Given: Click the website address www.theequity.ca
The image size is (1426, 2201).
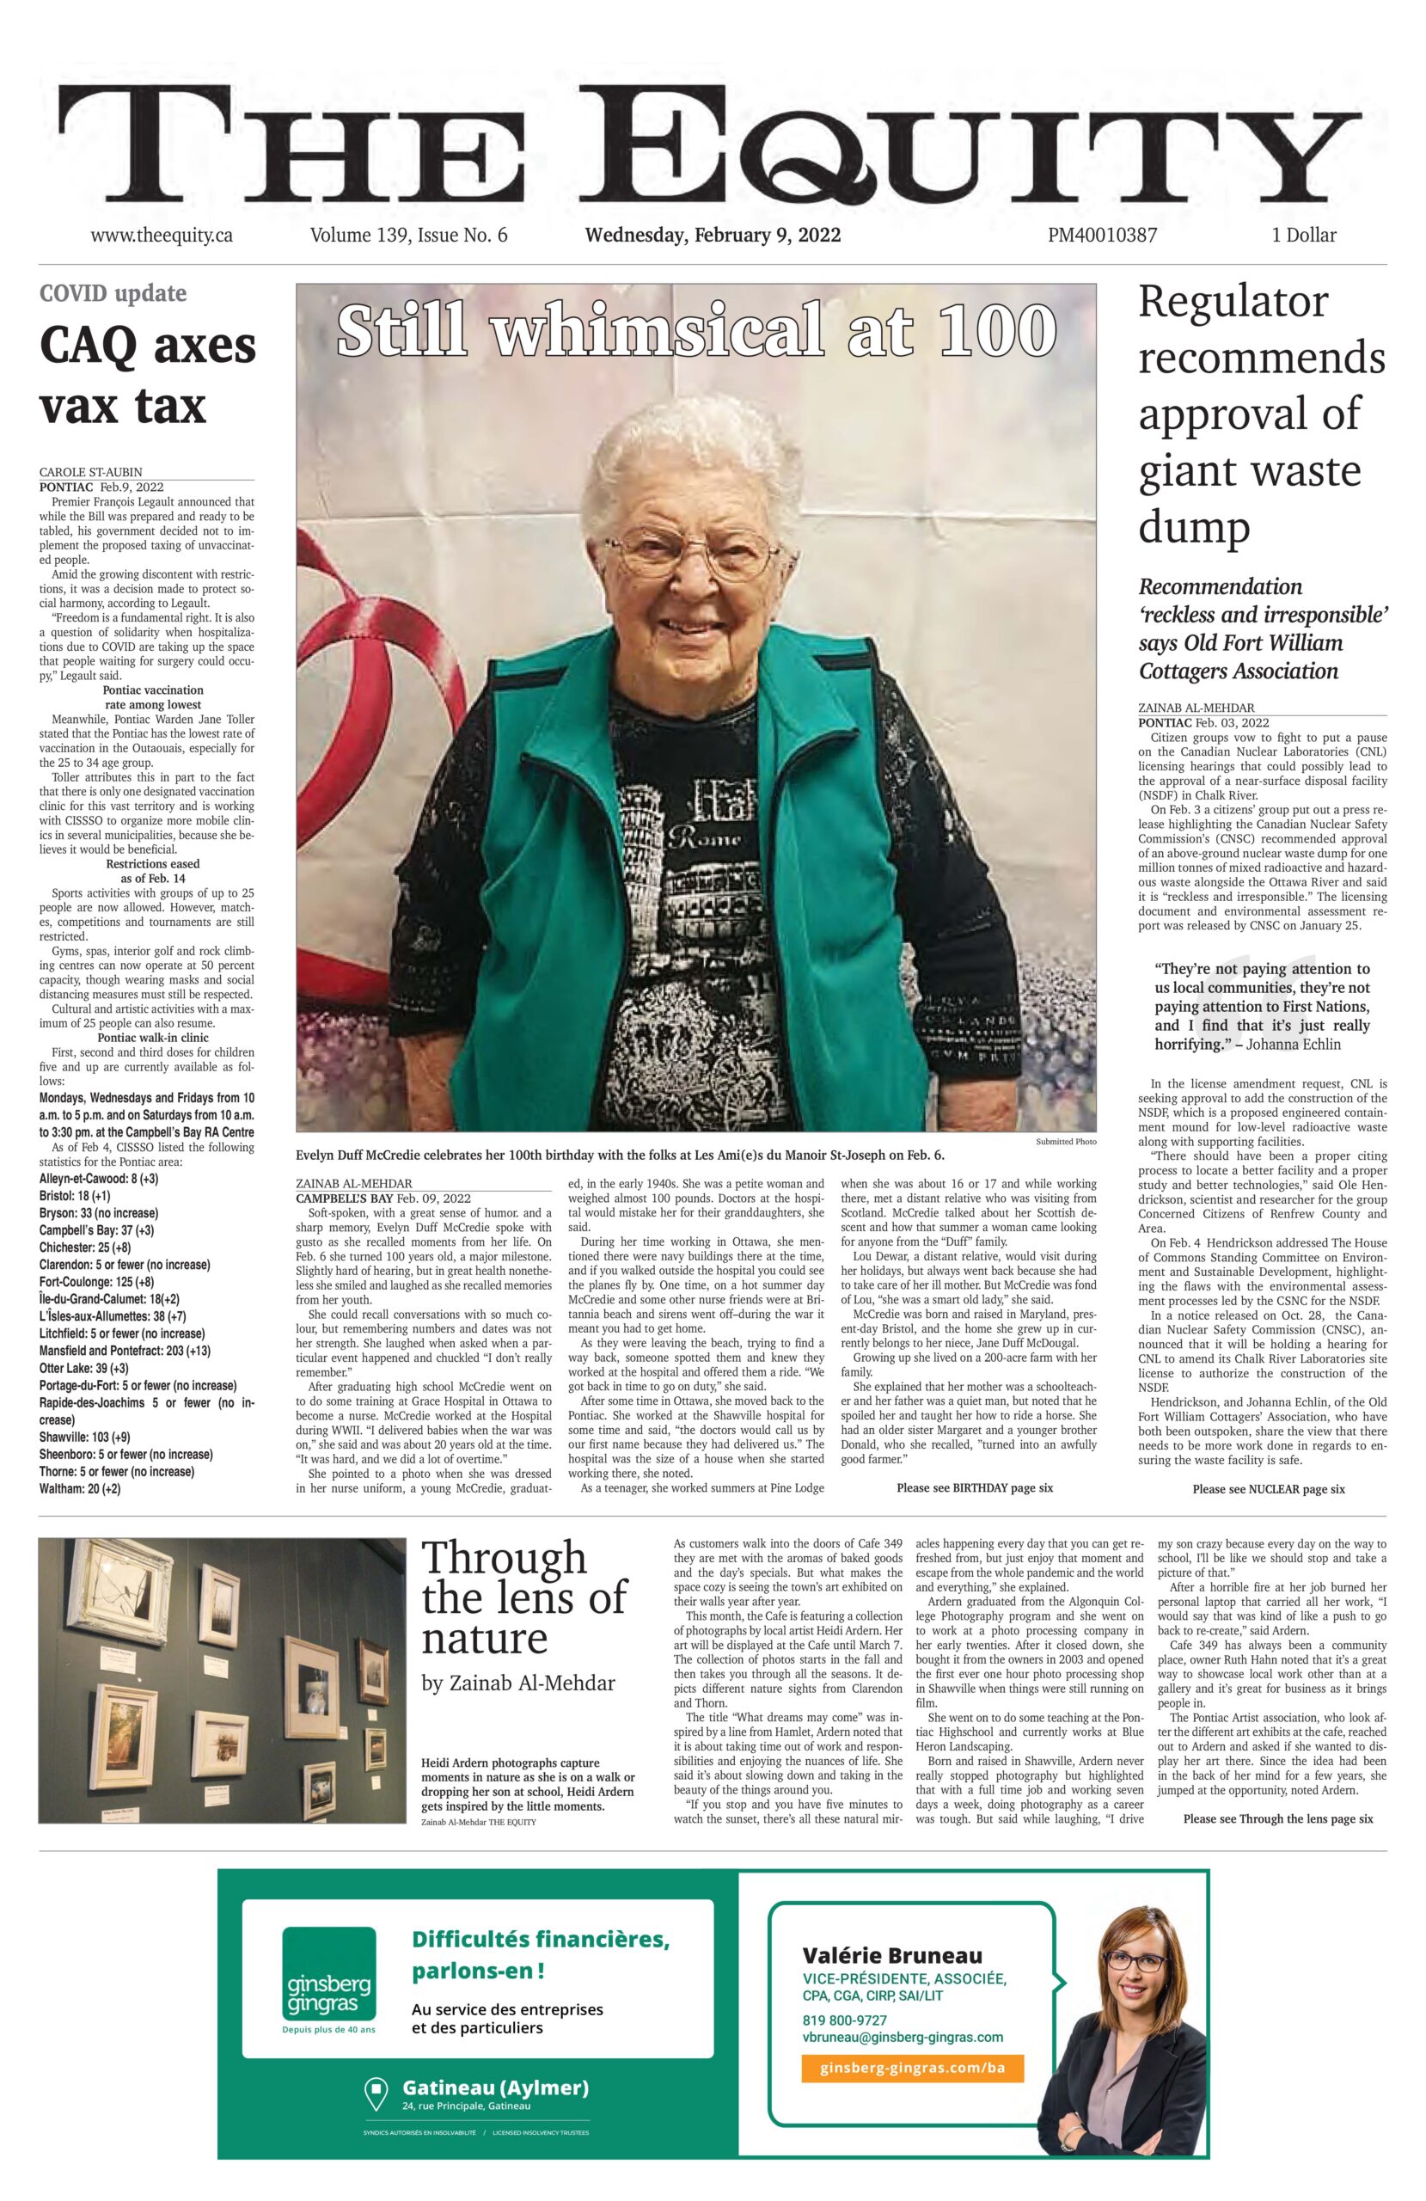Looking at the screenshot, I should (x=161, y=235).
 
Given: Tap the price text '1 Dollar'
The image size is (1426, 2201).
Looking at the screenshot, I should (x=1303, y=235).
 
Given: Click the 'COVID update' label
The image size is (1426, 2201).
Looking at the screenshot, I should (x=113, y=294).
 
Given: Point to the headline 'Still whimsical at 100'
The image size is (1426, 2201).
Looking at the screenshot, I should (x=695, y=330).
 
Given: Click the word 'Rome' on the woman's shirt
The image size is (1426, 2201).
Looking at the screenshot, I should (x=714, y=840).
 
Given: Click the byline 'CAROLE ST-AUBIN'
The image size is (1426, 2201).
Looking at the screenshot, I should (x=90, y=472).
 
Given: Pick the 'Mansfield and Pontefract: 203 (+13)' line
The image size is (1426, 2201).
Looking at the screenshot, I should (x=125, y=1350).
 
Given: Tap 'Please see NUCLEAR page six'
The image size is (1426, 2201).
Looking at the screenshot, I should (x=1268, y=1489).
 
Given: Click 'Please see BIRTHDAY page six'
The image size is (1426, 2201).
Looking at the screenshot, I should (x=974, y=1488).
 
